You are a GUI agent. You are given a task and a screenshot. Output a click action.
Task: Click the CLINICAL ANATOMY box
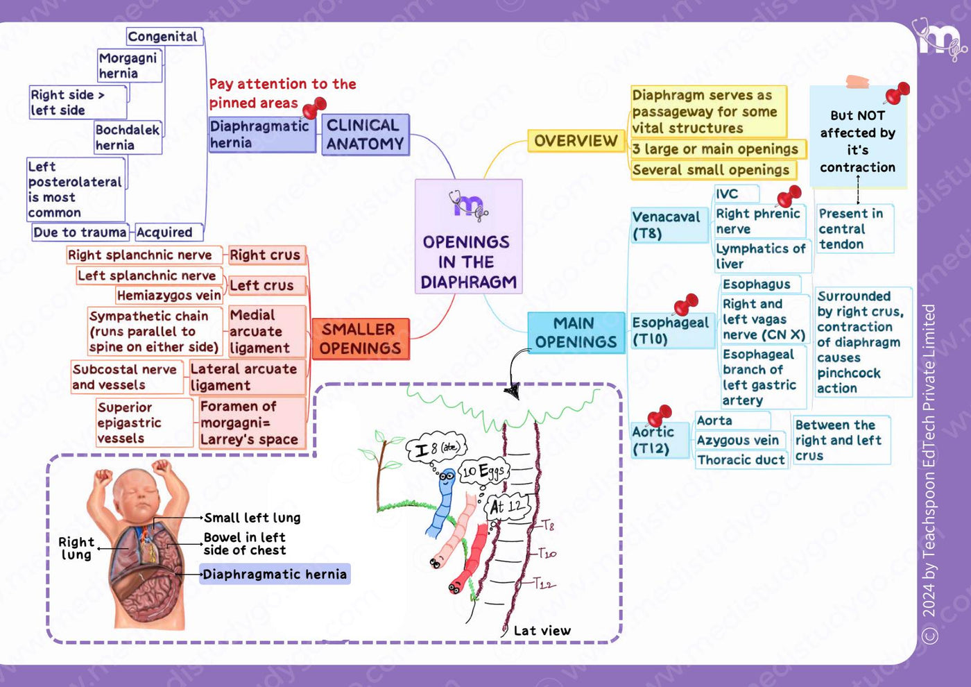(366, 135)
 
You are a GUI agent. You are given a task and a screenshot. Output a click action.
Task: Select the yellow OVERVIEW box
(576, 140)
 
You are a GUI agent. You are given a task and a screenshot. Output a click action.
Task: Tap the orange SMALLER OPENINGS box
(361, 339)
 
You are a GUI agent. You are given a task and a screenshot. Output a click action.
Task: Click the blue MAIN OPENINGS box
(576, 332)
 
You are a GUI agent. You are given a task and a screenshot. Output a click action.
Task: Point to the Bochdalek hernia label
(128, 137)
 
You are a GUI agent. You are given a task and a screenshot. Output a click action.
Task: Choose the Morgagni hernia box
(130, 65)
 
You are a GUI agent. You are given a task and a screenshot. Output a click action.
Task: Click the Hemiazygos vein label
(169, 296)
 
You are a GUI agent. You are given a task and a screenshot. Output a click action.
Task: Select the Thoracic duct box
(741, 459)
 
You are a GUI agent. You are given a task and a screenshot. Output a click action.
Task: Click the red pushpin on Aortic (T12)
(660, 416)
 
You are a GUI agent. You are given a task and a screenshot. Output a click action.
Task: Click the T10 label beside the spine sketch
(547, 554)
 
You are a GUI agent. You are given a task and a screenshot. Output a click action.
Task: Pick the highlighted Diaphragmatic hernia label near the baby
(275, 575)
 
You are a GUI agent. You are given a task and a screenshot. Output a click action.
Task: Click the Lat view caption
(542, 631)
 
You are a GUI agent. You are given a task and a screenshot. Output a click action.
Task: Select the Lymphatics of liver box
(762, 256)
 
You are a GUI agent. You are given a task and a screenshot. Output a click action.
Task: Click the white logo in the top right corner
(939, 40)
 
